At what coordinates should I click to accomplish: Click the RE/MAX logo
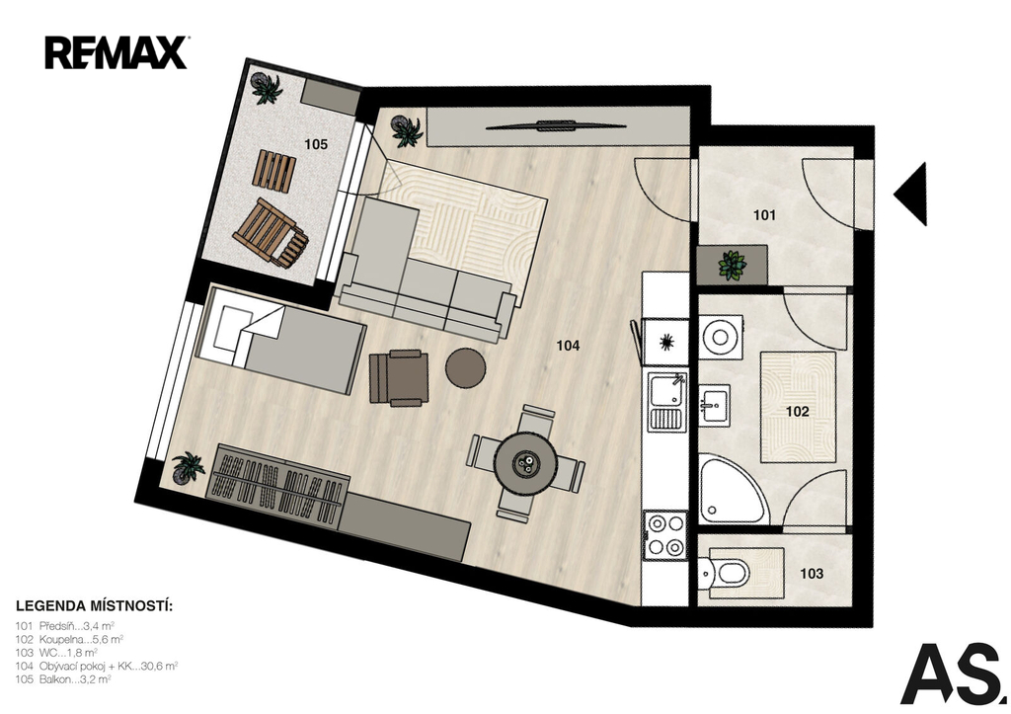[117, 52]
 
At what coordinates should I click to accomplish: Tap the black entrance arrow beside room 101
[910, 194]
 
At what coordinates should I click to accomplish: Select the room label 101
[764, 214]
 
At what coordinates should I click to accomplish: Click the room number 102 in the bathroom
[797, 411]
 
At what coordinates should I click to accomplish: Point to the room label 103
[812, 574]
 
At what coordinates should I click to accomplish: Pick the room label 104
[568, 346]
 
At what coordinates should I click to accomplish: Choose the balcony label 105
[316, 144]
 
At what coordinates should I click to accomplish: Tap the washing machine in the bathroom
[722, 337]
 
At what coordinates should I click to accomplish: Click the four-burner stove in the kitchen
[665, 535]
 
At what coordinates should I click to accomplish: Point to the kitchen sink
[667, 402]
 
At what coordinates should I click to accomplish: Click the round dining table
[526, 462]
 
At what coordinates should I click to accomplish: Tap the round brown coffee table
[466, 367]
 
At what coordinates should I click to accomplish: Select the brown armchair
[399, 378]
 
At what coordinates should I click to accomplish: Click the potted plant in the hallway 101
[733, 265]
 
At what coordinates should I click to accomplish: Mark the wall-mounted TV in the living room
[556, 125]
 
